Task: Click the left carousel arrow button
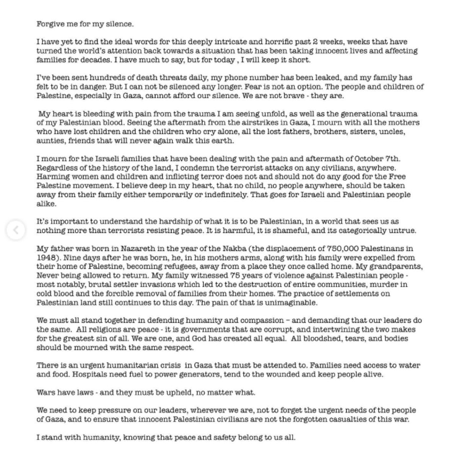point(16,230)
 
